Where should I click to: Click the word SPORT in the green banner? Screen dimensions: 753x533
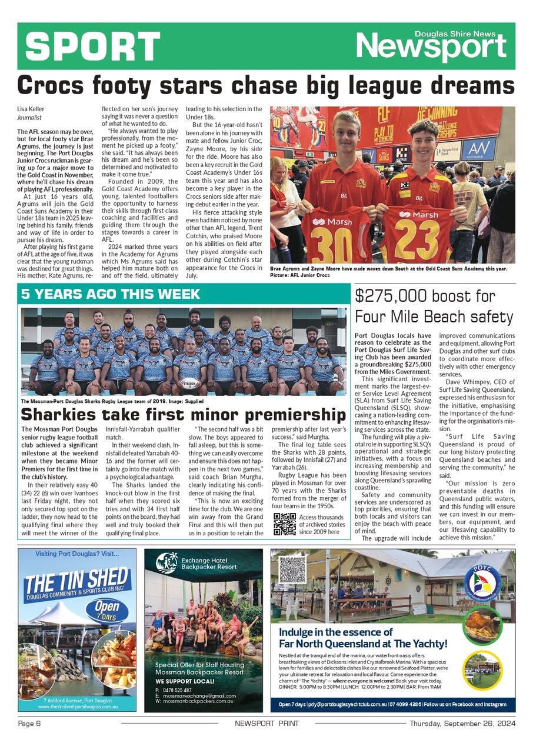pos(93,46)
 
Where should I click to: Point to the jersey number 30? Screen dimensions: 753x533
pos(335,241)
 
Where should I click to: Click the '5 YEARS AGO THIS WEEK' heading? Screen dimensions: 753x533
pos(111,294)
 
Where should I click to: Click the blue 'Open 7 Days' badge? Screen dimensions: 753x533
pos(107,610)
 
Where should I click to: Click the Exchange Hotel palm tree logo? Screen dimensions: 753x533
pos(166,563)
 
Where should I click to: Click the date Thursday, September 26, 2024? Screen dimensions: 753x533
pos(462,723)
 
